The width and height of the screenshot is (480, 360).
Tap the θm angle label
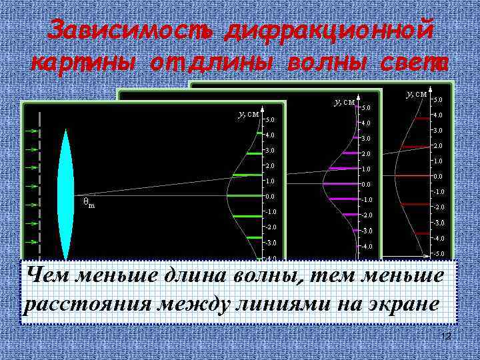coord(89,202)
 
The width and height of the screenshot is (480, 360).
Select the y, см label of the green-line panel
coord(248,114)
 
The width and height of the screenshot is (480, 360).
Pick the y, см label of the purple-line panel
coord(343,101)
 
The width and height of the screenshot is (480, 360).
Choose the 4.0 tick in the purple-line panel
coord(365,123)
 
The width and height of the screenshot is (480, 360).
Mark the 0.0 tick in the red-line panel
coord(438,177)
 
